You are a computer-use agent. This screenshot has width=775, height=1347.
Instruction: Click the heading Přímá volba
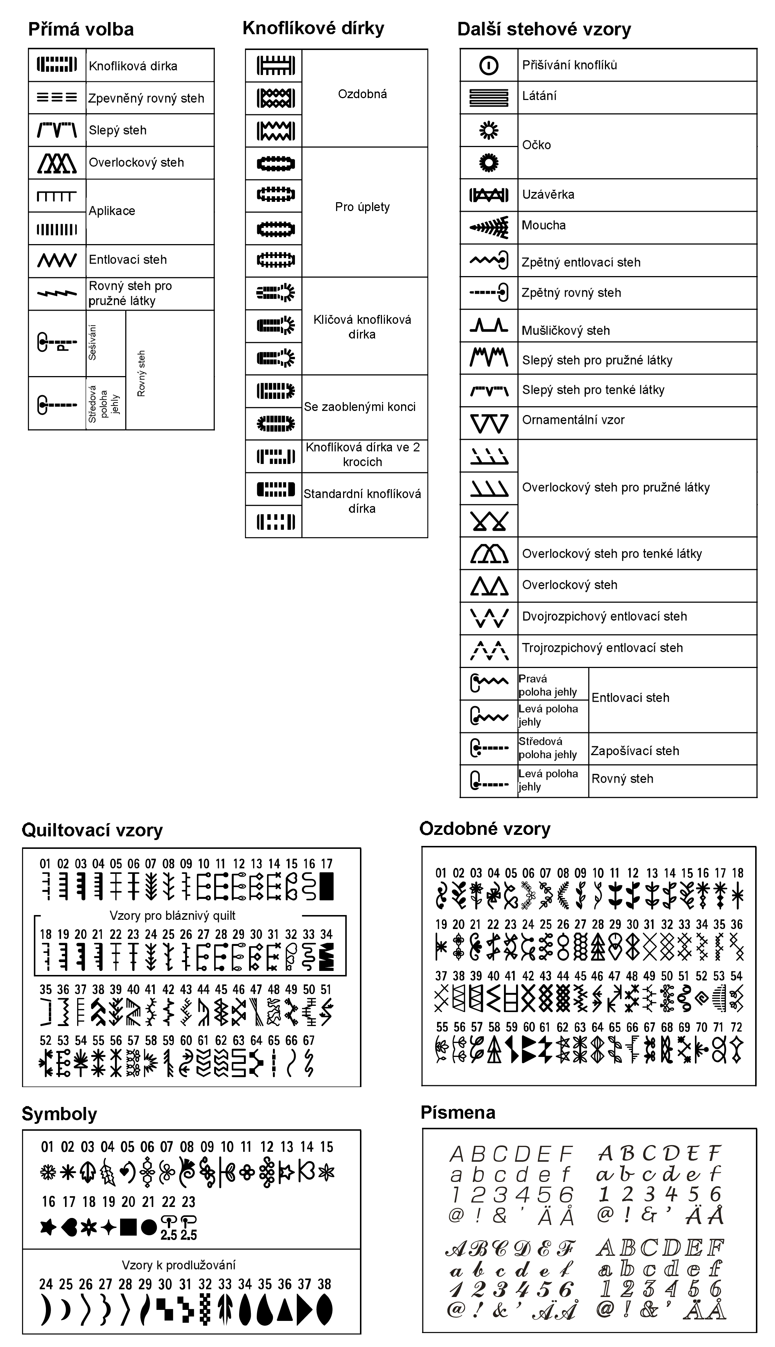pyautogui.click(x=81, y=29)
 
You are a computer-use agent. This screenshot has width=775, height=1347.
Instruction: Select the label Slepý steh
pyautogui.click(x=118, y=131)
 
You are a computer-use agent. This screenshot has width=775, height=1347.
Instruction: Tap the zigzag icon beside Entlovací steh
pyautogui.click(x=57, y=260)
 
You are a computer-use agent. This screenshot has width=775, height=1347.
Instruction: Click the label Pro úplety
pyautogui.click(x=363, y=207)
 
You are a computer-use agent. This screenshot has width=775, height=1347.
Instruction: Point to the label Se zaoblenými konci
pyautogui.click(x=360, y=407)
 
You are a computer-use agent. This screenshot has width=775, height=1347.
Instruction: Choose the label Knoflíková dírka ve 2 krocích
pyautogui.click(x=363, y=454)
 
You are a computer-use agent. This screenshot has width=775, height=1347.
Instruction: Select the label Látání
pyautogui.click(x=539, y=96)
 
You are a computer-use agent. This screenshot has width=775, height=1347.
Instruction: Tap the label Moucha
pyautogui.click(x=544, y=225)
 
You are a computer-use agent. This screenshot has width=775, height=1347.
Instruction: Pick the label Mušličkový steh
pyautogui.click(x=565, y=331)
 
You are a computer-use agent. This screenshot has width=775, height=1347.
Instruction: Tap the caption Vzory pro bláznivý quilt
pyautogui.click(x=173, y=915)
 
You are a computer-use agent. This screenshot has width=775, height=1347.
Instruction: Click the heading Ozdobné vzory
pyautogui.click(x=484, y=829)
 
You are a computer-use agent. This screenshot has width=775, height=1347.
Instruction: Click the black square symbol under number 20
pyautogui.click(x=128, y=1227)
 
